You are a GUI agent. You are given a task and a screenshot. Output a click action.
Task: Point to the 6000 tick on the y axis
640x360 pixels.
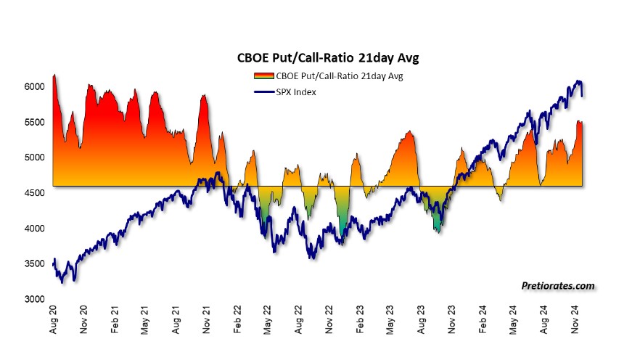point(33,86)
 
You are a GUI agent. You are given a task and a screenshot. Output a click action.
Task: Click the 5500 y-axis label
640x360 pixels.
point(33,122)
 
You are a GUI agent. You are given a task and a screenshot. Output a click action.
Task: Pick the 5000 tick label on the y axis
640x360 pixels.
point(33,157)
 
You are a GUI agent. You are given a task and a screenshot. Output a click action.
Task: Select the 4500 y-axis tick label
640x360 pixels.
point(33,192)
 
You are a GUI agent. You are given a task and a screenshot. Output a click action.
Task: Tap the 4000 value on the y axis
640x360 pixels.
point(33,228)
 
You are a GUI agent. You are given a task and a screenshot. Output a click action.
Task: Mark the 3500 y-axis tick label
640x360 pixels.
point(33,263)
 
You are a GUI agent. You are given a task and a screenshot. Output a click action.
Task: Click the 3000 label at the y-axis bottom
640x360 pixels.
point(33,298)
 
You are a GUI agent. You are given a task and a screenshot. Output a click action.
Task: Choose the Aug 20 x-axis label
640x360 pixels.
point(54,321)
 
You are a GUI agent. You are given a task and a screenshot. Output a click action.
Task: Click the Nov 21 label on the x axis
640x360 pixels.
point(208,321)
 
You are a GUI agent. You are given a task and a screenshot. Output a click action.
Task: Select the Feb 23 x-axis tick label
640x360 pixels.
point(361,321)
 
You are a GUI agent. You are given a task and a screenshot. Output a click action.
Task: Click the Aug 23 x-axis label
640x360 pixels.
point(422,321)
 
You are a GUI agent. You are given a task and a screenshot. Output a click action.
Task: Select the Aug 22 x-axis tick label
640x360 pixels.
point(300,321)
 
